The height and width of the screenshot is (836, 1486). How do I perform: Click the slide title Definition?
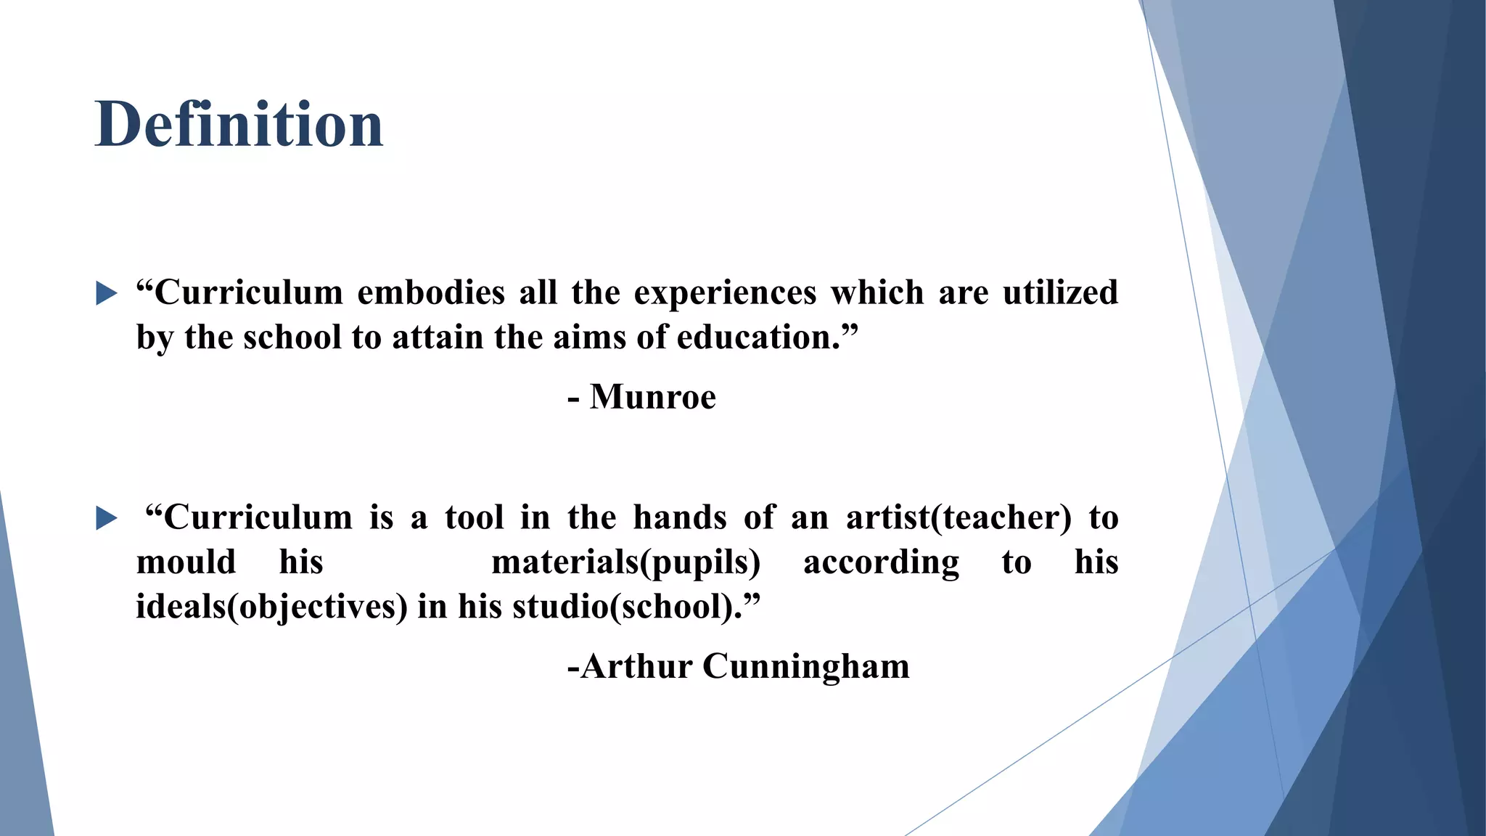coord(239,124)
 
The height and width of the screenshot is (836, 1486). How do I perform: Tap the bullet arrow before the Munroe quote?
coord(106,294)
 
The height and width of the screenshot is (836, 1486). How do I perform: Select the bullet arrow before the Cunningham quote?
coord(106,519)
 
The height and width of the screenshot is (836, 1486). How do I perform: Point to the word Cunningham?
coord(805,666)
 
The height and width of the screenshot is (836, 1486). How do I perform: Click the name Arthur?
coord(636,666)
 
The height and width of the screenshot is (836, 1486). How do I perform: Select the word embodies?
coord(431,293)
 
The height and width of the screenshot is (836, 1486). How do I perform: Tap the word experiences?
coord(725,293)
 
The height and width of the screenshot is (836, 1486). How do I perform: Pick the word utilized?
coord(1059,293)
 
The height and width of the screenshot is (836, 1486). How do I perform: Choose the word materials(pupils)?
coord(625,563)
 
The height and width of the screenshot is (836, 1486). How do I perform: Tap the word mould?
coord(186,563)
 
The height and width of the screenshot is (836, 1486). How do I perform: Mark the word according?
coord(881,563)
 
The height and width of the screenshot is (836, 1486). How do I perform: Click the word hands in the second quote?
coord(679,518)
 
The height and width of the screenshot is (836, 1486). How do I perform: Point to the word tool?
coord(474,518)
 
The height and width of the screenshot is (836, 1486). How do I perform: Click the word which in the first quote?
coord(877,293)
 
